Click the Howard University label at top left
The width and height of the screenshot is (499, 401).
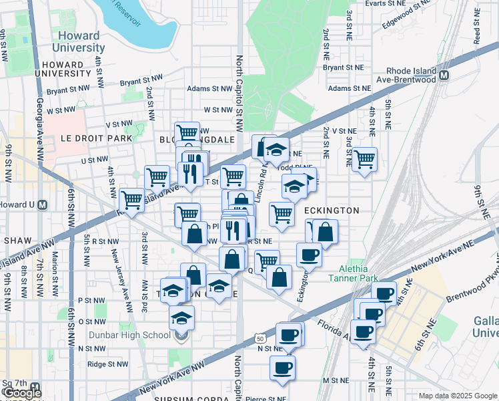tap(79, 41)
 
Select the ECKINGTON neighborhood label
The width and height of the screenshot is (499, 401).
tap(332, 211)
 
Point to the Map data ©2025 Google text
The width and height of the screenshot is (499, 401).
tap(458, 396)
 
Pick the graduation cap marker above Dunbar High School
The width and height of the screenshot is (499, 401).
tap(181, 317)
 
